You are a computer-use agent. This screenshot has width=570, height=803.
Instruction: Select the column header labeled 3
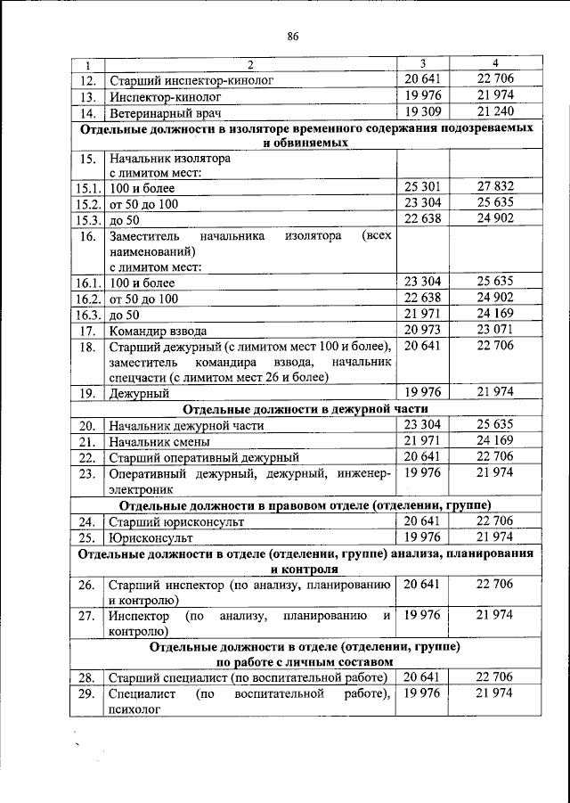point(422,63)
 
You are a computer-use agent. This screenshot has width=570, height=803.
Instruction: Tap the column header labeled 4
point(495,63)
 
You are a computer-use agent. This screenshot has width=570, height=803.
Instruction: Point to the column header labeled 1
point(87,65)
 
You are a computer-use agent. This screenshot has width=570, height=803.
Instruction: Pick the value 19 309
point(423,112)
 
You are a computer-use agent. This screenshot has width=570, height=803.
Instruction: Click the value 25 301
point(423,188)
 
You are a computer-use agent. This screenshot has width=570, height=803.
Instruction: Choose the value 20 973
point(423,330)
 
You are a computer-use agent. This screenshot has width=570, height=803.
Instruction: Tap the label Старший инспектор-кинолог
point(190,80)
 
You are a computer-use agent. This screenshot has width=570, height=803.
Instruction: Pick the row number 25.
point(87,537)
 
